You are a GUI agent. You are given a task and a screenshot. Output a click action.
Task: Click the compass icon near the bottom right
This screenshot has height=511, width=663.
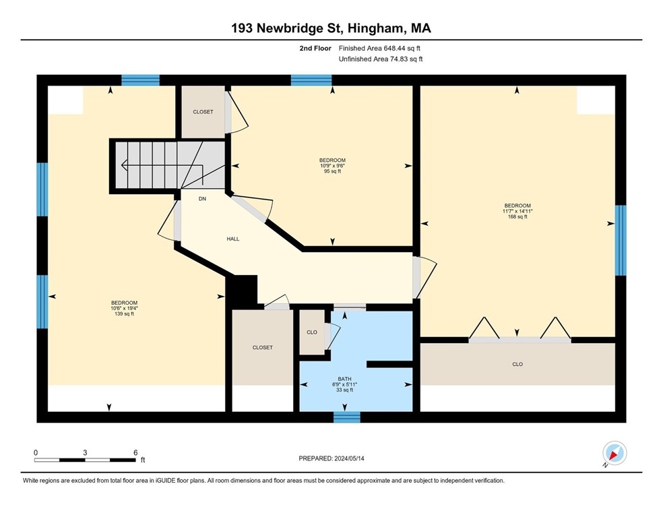point(614,453)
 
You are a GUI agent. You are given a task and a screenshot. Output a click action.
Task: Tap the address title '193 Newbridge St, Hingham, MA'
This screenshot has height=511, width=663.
point(331,28)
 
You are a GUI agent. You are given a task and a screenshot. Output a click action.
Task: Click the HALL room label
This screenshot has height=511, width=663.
point(232,239)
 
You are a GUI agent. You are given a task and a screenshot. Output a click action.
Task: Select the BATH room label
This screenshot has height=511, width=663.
point(345,379)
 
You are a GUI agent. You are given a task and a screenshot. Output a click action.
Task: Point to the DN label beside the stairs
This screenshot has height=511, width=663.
point(202,199)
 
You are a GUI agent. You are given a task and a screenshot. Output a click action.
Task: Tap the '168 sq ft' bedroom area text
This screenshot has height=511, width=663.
point(517,216)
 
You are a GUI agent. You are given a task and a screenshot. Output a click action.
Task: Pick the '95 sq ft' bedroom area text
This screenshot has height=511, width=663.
point(332,171)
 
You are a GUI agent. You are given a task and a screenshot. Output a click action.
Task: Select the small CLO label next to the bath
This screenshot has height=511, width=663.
point(312,332)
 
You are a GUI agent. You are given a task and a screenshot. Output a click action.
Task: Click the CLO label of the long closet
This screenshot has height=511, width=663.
point(517,364)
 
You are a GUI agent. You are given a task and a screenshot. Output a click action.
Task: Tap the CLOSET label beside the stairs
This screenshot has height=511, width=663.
point(203,112)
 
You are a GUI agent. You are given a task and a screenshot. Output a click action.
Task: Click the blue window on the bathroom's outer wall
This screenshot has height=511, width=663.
point(347,417)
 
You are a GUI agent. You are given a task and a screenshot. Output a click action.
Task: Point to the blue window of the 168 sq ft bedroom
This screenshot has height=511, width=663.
point(621,241)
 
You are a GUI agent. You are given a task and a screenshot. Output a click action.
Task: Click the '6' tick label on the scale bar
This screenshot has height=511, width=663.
point(135,452)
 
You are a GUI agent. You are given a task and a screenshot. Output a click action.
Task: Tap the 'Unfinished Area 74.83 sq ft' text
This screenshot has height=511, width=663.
point(380,59)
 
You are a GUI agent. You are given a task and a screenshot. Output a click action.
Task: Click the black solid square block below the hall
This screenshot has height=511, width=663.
point(243,291)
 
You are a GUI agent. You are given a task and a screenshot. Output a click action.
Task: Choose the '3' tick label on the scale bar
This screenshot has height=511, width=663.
point(85,452)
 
